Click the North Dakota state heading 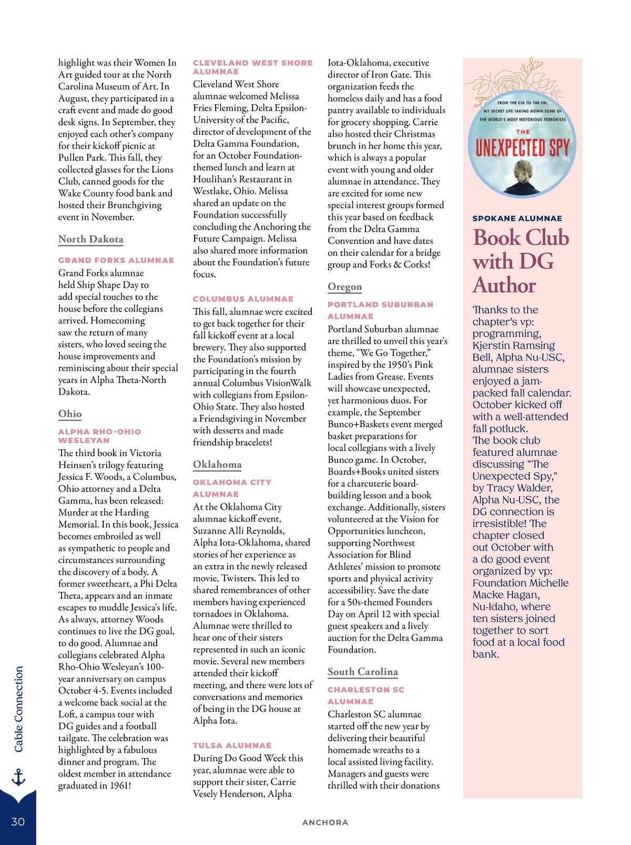(x=90, y=239)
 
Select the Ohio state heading (x=70, y=414)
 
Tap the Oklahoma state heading (x=217, y=465)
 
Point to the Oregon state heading (x=344, y=287)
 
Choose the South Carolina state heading (x=363, y=672)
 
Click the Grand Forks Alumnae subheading (x=116, y=260)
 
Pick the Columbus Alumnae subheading (x=243, y=299)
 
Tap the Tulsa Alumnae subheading (x=232, y=746)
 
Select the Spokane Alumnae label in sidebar (x=517, y=218)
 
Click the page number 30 (x=18, y=822)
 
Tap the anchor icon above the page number (x=18, y=777)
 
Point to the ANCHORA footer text (x=325, y=822)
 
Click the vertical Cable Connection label (x=19, y=709)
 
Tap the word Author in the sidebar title (x=504, y=286)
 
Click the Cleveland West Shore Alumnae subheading (x=252, y=67)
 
